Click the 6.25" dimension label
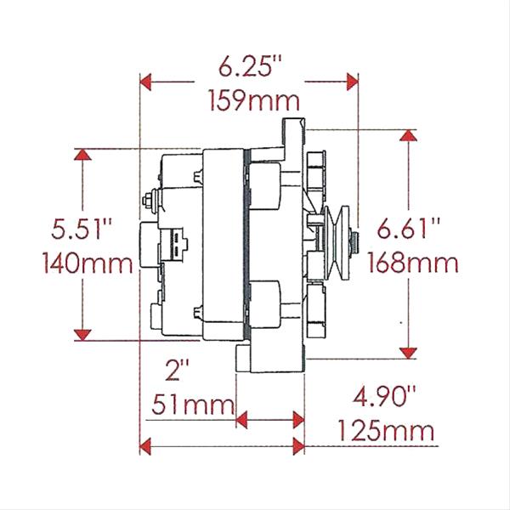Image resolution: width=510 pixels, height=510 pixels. pos(250,66)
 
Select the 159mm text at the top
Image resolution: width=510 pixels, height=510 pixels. pos(253,103)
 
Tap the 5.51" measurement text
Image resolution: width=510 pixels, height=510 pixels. pos(82,229)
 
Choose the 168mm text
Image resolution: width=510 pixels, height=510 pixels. pos(413,263)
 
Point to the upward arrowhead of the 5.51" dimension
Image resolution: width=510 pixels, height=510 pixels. pos(82,155)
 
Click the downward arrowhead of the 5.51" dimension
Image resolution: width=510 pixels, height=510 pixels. pos(82,335)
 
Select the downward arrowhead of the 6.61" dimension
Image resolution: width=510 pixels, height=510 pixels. pos(411,352)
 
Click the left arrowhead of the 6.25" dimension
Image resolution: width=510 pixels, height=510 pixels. pos(145,82)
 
